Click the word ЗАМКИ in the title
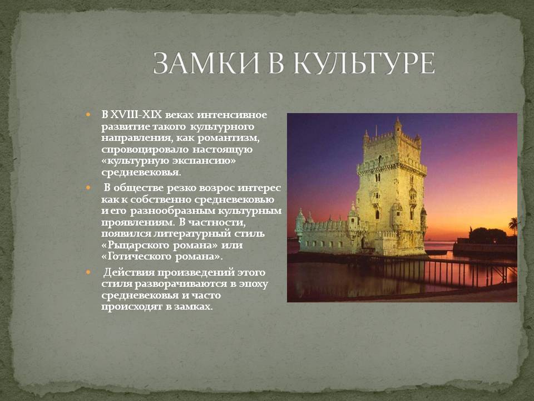coord(206,63)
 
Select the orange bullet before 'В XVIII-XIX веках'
coord(88,115)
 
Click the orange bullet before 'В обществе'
coord(88,188)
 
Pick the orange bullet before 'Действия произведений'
coord(88,272)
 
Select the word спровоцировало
coord(145,150)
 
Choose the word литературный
coord(192,234)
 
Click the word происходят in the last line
coord(132,306)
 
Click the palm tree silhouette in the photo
coord(513,225)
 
